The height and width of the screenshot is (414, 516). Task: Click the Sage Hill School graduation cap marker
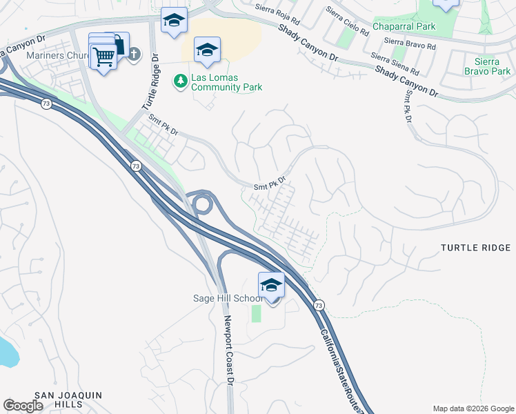[271, 284]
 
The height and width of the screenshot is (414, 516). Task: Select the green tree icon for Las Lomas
[181, 81]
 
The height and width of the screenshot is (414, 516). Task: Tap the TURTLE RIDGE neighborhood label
[477, 247]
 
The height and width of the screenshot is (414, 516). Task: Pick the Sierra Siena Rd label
[395, 64]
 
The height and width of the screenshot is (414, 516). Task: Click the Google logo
[23, 406]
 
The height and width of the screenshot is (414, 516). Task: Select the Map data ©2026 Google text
[473, 408]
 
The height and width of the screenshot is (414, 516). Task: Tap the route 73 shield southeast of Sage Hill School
[319, 305]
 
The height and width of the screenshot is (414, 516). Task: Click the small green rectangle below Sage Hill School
[257, 313]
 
